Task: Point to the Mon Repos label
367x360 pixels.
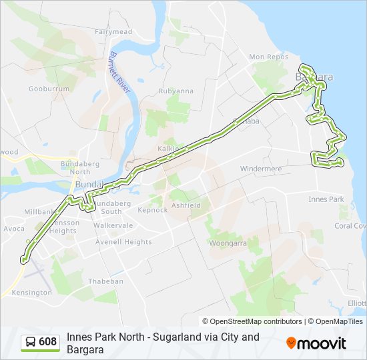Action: pos(267,57)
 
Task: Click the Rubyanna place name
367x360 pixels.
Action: pos(175,91)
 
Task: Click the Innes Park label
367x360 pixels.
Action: pos(326,199)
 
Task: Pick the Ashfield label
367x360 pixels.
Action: pos(186,205)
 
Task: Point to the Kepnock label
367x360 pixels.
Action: pos(152,210)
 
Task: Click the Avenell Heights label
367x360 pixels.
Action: pos(123,242)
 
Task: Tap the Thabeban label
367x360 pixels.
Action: pos(106,281)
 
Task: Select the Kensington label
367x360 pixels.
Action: pos(31,293)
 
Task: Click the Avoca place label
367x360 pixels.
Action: pos(13,228)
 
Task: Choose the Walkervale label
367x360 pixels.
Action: pos(110,225)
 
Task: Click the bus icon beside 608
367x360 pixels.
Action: pos(31,342)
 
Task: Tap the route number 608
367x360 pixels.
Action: pos(48,342)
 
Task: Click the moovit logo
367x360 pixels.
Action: pos(316,343)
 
